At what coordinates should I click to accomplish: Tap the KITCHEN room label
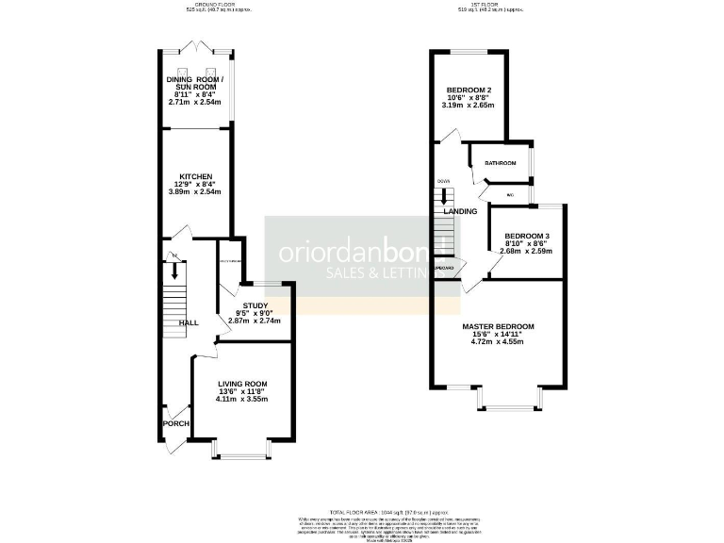[195, 176]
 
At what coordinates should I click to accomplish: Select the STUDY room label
[255, 305]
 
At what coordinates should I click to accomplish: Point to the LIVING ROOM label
[242, 384]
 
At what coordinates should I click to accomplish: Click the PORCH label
[175, 423]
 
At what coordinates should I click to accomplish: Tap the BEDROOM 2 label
[469, 91]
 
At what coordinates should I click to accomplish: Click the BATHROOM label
[501, 163]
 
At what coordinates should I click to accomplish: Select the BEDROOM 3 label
[526, 236]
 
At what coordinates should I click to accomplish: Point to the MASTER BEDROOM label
[498, 326]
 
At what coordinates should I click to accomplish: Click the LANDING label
[460, 211]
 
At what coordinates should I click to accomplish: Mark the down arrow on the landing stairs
[444, 199]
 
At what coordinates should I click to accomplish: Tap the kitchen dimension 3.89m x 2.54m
[195, 192]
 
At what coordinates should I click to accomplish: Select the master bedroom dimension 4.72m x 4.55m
[498, 342]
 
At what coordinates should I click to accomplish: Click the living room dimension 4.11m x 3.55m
[242, 399]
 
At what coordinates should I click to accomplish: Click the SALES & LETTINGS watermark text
[377, 272]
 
